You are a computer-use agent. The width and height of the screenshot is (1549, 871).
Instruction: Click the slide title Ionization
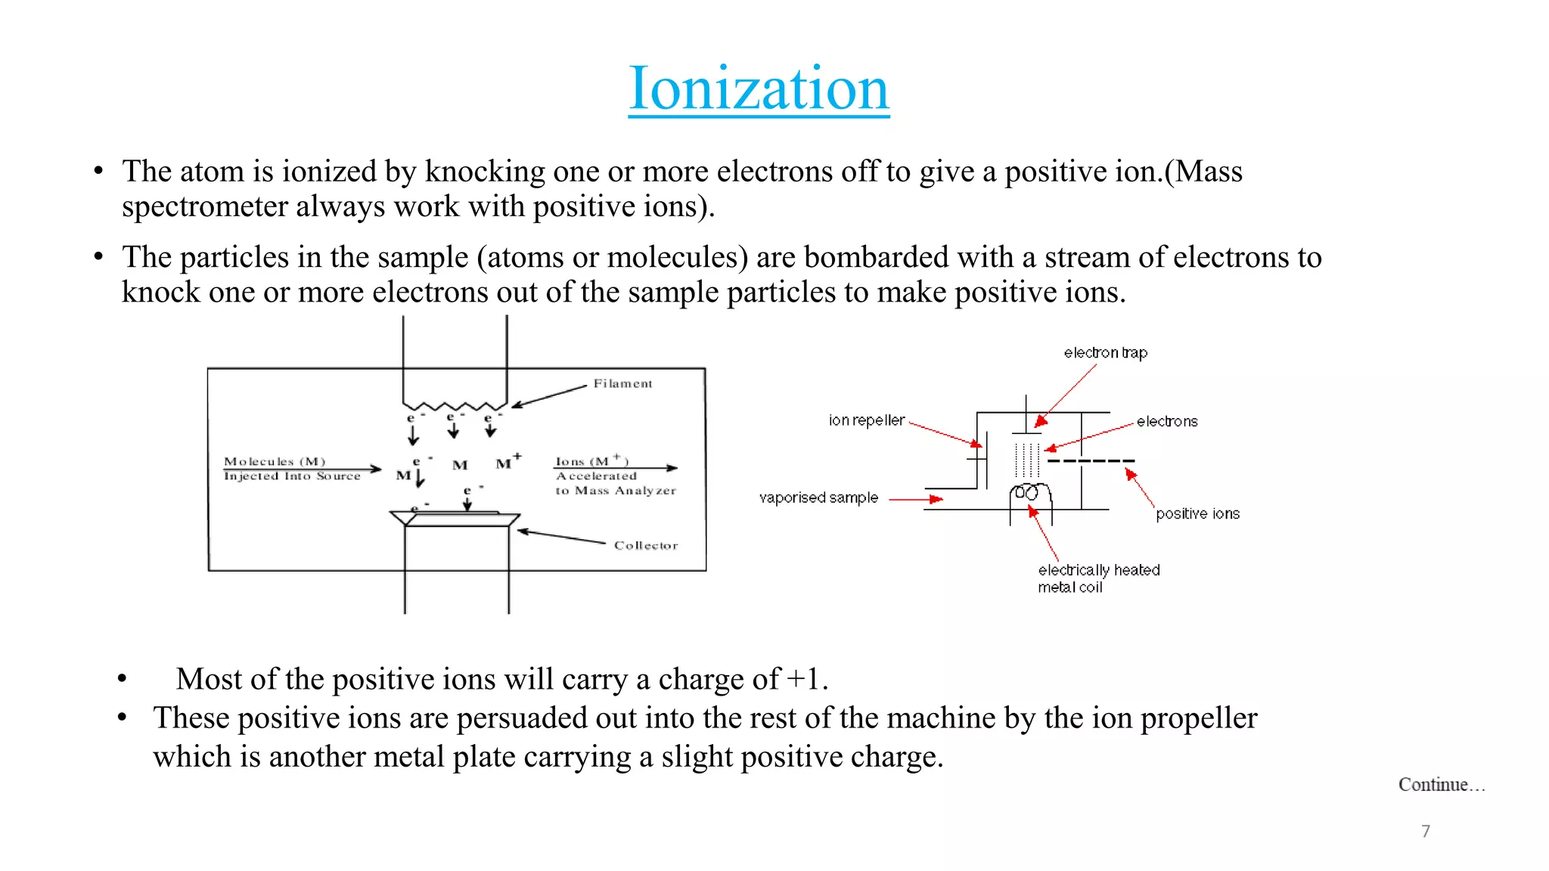click(x=759, y=89)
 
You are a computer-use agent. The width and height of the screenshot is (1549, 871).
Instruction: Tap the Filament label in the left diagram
click(x=622, y=383)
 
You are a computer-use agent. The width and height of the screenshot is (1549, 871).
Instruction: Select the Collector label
click(x=646, y=545)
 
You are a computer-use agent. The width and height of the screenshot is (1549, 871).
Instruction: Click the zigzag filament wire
click(x=455, y=406)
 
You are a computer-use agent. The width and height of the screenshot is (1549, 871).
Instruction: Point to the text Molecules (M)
click(x=275, y=461)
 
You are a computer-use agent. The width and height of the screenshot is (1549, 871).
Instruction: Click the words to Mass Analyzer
click(x=616, y=491)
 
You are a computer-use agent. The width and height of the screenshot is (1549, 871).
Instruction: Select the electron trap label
click(x=1105, y=353)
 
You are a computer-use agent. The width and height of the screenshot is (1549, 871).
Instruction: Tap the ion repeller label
click(x=867, y=420)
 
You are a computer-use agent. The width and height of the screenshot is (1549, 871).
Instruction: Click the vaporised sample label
click(x=818, y=497)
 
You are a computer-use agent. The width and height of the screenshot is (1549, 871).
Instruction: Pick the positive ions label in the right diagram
click(x=1197, y=514)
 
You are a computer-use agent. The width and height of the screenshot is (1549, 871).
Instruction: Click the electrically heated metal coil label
click(x=1098, y=578)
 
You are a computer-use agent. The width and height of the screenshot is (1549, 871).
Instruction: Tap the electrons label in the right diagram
click(x=1167, y=422)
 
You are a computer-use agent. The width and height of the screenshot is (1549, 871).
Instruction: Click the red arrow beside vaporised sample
click(x=916, y=499)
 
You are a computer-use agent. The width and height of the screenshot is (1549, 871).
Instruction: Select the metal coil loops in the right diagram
click(x=1029, y=494)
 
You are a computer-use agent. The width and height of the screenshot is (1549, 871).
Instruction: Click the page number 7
click(x=1426, y=831)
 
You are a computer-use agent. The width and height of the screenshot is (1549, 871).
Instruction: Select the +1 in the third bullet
click(x=803, y=679)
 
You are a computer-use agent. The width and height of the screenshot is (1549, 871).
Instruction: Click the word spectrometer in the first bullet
click(x=204, y=206)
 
